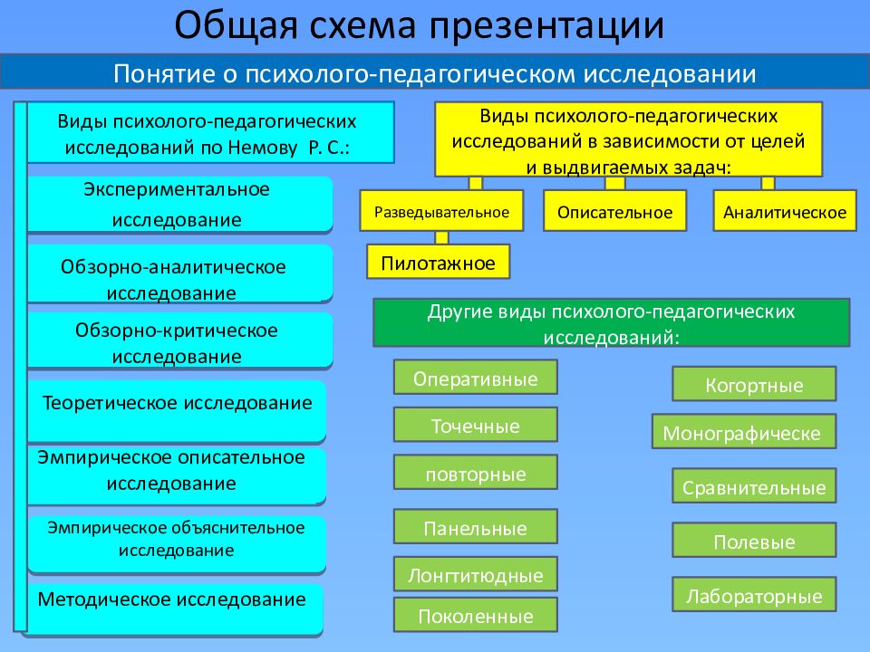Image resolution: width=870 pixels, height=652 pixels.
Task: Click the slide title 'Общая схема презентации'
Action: tap(420, 26)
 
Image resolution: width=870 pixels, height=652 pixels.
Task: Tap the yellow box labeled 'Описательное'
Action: tap(614, 212)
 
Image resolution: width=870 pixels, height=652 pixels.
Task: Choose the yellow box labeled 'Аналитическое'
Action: tap(785, 212)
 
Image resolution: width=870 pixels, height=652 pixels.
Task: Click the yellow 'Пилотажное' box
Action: tap(439, 263)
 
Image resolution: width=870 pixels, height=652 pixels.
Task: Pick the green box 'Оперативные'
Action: tap(475, 378)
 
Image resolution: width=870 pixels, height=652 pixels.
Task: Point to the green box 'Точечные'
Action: tap(475, 425)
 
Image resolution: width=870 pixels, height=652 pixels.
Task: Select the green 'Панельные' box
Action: tap(475, 528)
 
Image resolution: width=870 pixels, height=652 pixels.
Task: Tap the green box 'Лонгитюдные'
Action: tap(475, 574)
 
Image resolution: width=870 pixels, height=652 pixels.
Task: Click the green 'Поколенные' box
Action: tap(475, 616)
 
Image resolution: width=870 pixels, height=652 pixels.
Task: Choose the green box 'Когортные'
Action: tap(754, 384)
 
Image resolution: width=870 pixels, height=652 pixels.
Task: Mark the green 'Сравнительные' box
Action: tap(754, 487)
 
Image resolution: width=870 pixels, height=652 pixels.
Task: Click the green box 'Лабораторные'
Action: tap(754, 595)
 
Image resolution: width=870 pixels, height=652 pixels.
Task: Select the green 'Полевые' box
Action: tap(754, 541)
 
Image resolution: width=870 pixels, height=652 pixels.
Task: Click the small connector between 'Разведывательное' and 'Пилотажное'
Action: tap(441, 238)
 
